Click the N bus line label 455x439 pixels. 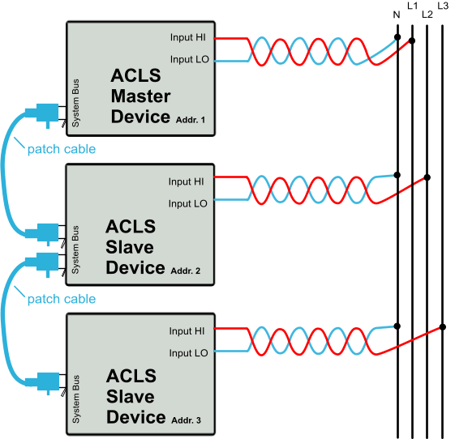397,15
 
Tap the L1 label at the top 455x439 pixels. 412,6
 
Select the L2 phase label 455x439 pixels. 427,15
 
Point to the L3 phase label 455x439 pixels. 443,6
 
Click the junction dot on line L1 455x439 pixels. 412,40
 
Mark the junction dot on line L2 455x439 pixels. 427,177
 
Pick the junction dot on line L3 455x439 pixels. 443,327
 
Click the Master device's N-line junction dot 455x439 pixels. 397,37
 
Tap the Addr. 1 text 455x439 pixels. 191,120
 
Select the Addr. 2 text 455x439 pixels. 186,271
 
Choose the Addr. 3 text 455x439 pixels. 186,420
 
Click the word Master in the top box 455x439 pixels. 141,96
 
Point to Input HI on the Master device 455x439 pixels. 187,37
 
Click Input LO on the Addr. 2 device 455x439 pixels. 187,204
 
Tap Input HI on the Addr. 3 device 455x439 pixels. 187,331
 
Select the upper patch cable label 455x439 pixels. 62,149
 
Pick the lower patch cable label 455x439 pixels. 62,299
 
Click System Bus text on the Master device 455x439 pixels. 75,103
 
